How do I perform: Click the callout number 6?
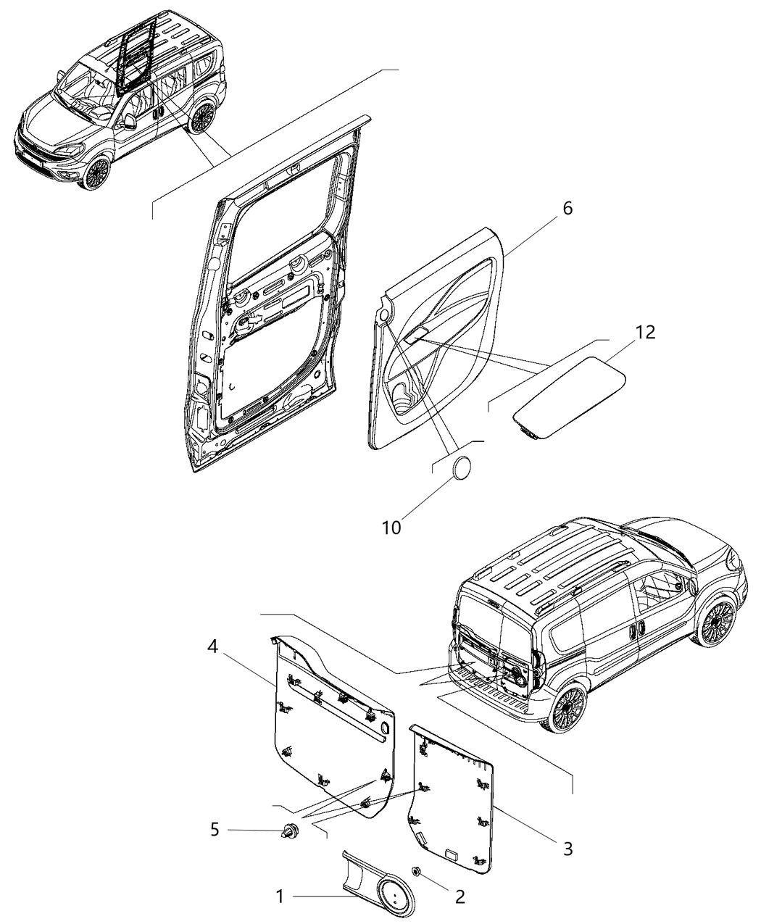click(567, 208)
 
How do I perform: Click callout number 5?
click(214, 829)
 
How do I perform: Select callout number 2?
click(459, 896)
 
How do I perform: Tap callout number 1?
click(280, 896)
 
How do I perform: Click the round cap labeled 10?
click(462, 468)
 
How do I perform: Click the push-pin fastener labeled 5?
click(291, 831)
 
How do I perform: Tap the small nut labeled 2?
click(417, 870)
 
